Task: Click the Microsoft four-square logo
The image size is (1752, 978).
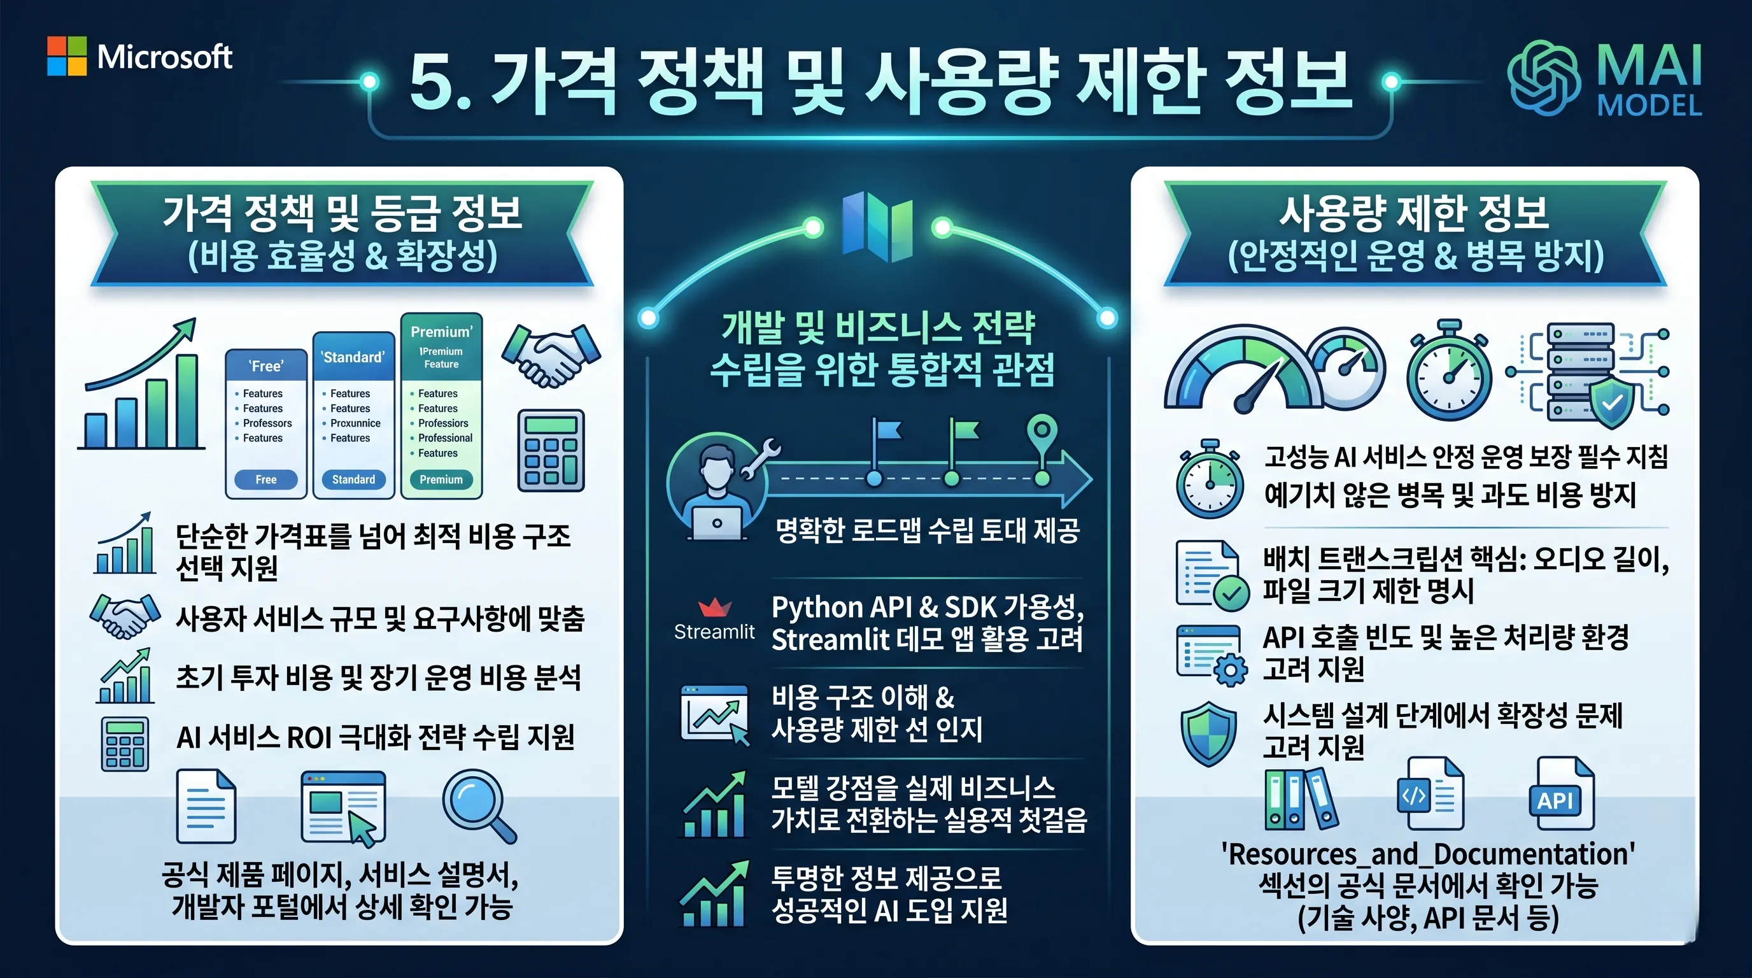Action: click(67, 56)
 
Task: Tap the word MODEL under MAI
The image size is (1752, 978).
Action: click(1650, 106)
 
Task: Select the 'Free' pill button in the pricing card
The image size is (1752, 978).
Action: click(266, 479)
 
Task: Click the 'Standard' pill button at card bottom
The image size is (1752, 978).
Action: click(354, 479)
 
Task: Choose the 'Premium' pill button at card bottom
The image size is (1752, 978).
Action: click(441, 479)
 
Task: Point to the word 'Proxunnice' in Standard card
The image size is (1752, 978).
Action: click(355, 423)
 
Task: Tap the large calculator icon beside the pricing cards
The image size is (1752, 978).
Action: click(551, 450)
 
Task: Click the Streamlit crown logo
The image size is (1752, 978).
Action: click(715, 606)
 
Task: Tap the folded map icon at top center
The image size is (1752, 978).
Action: click(877, 227)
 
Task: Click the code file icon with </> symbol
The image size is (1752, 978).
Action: click(1430, 795)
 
